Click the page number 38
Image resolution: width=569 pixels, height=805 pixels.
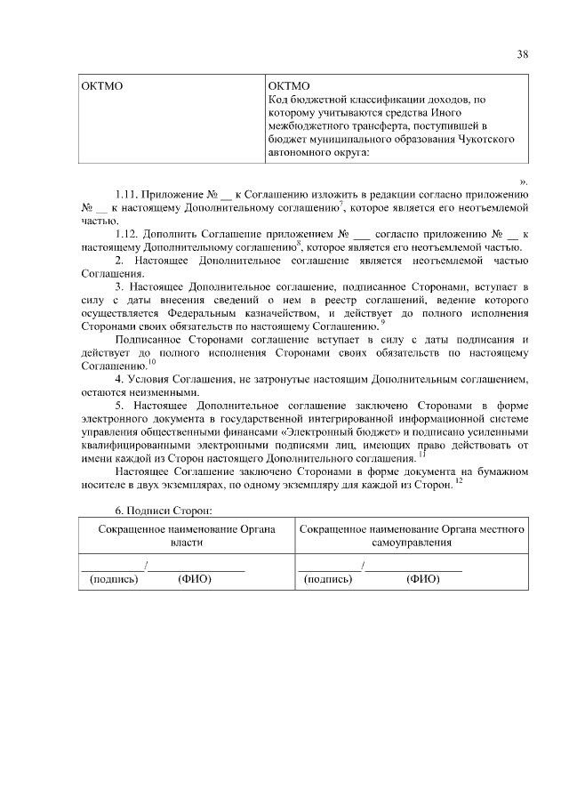(x=523, y=53)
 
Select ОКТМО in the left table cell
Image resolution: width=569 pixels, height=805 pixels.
(x=100, y=87)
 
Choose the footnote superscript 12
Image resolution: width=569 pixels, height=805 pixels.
(x=459, y=480)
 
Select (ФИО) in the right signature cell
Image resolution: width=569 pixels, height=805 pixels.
(x=423, y=577)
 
